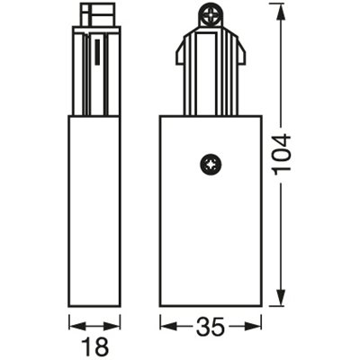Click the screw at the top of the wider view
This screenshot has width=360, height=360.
tap(213, 14)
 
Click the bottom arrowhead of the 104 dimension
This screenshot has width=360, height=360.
tap(282, 302)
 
